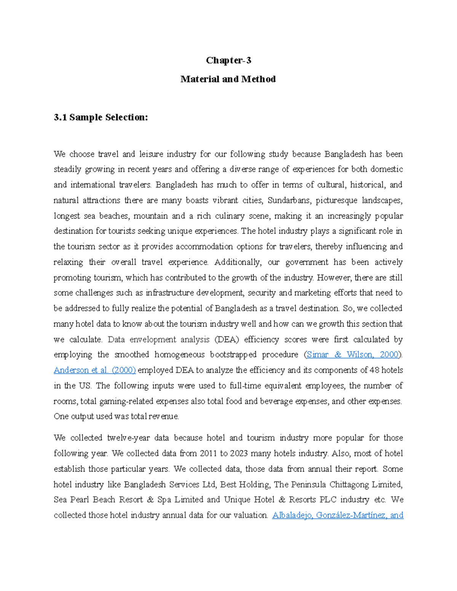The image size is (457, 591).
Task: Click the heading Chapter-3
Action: [x=228, y=61]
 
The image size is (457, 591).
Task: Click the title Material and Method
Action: [x=228, y=79]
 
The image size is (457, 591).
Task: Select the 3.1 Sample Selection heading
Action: [x=101, y=117]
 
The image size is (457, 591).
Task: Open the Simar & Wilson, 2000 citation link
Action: [x=352, y=355]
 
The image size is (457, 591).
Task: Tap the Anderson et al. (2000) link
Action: [x=95, y=370]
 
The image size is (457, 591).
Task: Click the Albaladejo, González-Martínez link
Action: [x=338, y=515]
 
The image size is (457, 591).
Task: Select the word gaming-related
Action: [x=125, y=401]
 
